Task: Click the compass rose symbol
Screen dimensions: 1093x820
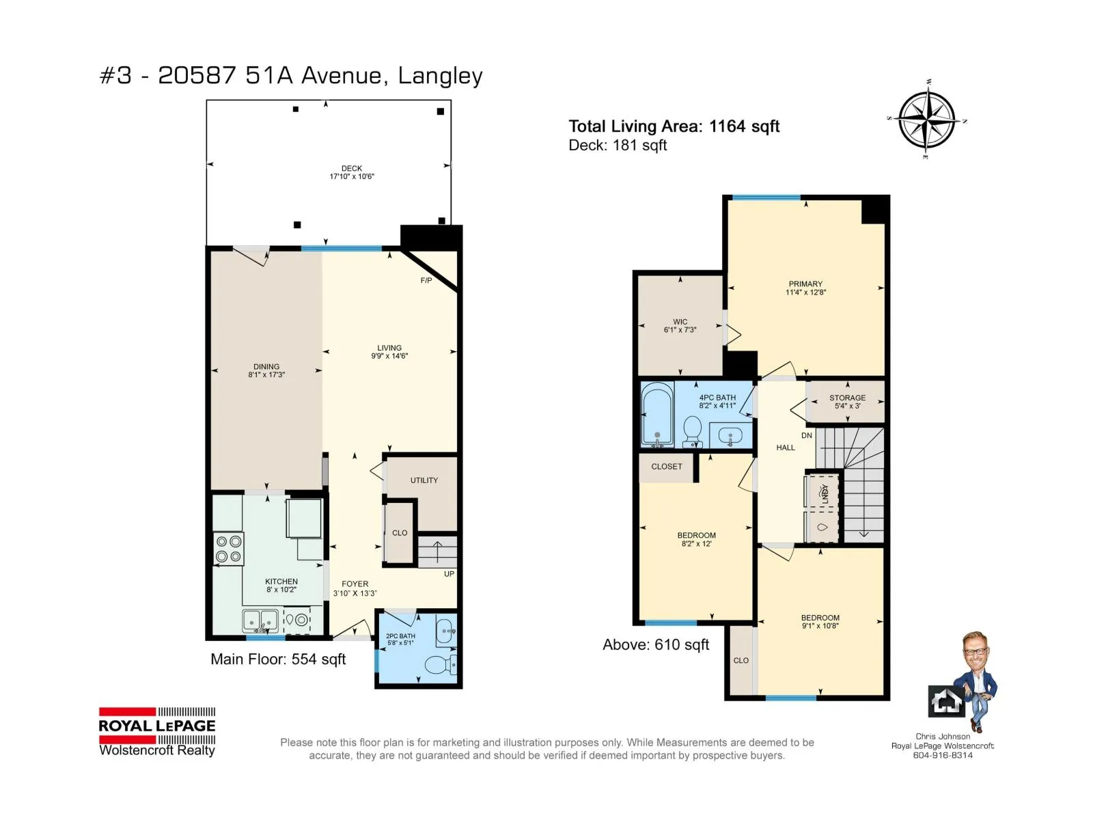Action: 927,120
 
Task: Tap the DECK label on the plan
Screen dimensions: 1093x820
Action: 352,168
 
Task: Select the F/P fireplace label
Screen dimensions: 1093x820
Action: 426,280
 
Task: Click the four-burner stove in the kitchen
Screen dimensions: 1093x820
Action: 229,549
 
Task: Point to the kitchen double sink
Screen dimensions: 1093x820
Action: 260,620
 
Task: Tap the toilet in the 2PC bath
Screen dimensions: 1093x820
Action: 440,665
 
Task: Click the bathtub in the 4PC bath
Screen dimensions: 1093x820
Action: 657,413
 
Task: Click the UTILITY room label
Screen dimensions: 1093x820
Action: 424,480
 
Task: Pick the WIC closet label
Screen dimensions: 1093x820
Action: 680,322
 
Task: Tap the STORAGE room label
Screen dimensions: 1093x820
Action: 848,397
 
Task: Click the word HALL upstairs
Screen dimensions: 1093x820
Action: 786,447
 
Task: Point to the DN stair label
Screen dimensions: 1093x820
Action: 807,435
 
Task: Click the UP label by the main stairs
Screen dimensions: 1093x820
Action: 449,573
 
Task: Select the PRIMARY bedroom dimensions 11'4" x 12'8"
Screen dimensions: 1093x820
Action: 805,292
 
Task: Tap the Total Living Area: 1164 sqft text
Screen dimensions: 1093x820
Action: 674,126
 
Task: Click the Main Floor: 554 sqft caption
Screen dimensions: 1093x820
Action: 278,659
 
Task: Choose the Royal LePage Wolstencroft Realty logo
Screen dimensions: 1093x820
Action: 157,731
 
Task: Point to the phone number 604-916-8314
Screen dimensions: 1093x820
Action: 943,755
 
